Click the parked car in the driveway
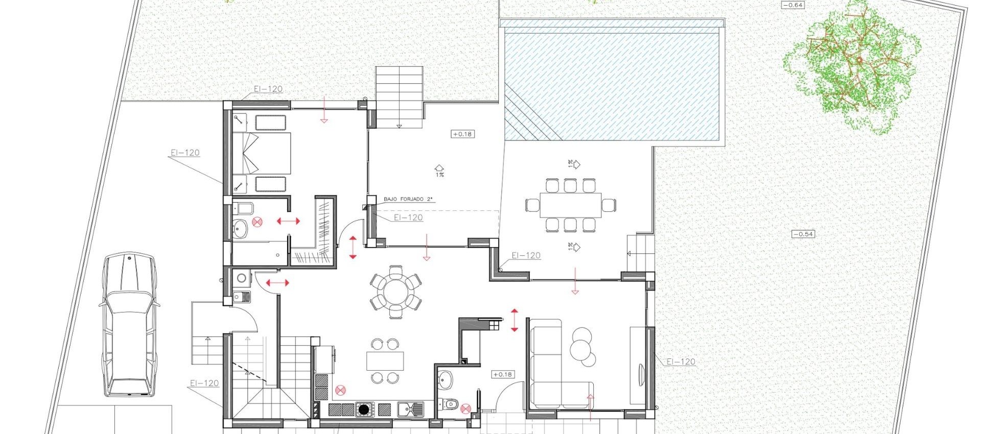(x=128, y=325)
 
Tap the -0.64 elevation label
(x=793, y=5)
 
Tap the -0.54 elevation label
(x=803, y=234)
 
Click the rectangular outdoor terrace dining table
(x=570, y=205)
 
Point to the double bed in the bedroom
(x=262, y=153)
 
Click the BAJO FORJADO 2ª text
(x=404, y=199)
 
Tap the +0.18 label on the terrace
(x=462, y=134)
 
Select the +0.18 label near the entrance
(x=502, y=374)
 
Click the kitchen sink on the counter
(x=410, y=408)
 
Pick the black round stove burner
(x=363, y=409)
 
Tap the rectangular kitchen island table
(x=385, y=361)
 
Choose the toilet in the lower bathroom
(x=450, y=405)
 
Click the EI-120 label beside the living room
(x=681, y=361)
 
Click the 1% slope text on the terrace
(x=439, y=175)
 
